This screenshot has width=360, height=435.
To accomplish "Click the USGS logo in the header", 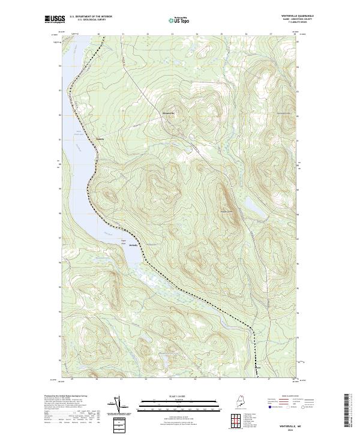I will point(53,19).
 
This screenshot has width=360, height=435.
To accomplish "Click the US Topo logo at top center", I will point(180,20).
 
